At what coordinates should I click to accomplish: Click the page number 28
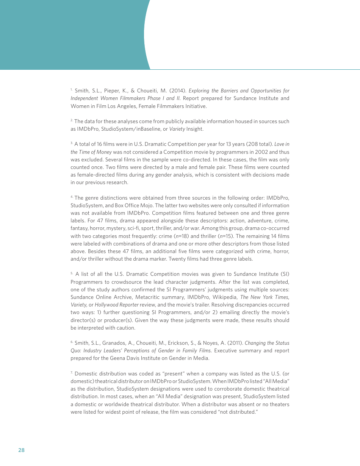[21, 450]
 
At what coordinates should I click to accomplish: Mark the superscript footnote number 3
[72, 144]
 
